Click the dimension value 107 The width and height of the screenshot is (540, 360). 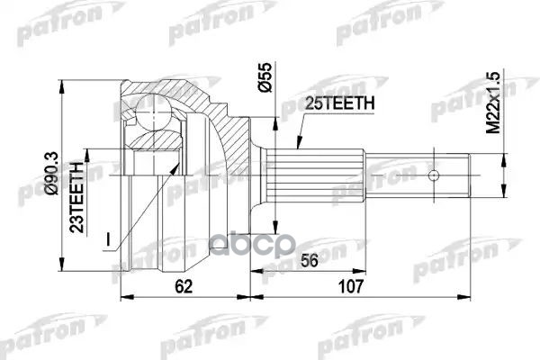click(350, 286)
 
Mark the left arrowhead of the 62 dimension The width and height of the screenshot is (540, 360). click(124, 295)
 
